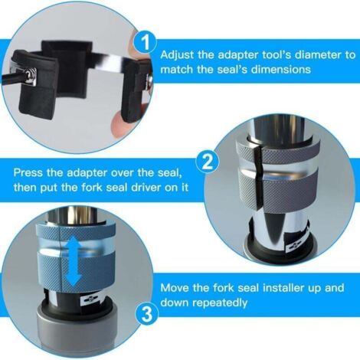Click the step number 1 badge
146,42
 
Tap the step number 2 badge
208,162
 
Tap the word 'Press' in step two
28,172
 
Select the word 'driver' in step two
143,188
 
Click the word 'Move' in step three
175,288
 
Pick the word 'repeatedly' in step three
220,303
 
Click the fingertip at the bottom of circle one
118,126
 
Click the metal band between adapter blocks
108,58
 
